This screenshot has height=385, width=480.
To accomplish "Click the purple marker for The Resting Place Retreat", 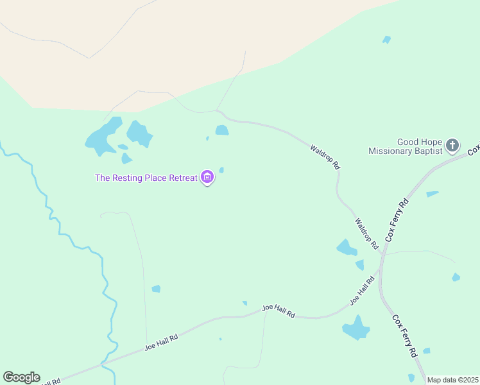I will (207, 177).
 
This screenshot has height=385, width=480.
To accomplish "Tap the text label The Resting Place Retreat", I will (146, 178).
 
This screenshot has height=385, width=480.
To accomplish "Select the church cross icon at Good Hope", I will (452, 145).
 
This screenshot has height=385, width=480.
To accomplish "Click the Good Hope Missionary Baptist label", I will (406, 147).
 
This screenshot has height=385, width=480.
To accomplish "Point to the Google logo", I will (21, 377).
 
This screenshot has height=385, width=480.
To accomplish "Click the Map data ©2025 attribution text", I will (452, 380).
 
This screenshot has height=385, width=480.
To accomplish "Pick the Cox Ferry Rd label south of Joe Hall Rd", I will (405, 335).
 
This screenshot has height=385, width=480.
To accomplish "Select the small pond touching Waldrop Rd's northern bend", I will (222, 130).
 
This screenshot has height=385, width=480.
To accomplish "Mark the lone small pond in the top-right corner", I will (386, 40).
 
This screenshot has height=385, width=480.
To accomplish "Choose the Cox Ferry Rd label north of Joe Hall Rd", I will (397, 220).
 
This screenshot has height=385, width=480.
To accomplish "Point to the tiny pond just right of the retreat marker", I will (221, 170).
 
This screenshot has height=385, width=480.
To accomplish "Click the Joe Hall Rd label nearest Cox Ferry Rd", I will (362, 290).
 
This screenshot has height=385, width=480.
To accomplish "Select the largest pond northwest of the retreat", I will (103, 136).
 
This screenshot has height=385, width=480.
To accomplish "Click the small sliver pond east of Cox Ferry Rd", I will (432, 193).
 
